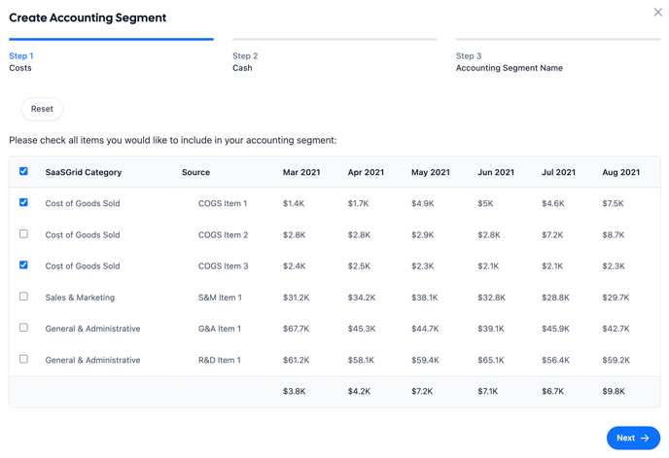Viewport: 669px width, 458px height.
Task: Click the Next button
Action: click(x=633, y=438)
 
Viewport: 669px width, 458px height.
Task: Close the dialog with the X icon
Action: click(x=658, y=13)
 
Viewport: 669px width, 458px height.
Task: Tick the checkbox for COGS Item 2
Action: click(x=23, y=234)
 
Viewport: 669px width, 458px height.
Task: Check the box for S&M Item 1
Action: click(x=23, y=297)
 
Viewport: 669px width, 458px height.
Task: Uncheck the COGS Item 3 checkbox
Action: click(x=23, y=265)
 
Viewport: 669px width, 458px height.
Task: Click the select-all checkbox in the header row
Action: click(x=23, y=171)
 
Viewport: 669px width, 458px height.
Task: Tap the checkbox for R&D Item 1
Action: click(x=23, y=359)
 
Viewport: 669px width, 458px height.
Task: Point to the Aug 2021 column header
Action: click(x=620, y=172)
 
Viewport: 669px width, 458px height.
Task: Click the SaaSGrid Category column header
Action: click(x=84, y=172)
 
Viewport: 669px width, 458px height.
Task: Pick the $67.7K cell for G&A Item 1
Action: click(x=296, y=329)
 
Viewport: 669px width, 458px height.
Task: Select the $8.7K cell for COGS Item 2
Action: click(x=613, y=234)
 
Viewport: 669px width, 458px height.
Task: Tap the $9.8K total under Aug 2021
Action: click(x=613, y=391)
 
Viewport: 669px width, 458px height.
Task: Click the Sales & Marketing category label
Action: click(x=80, y=298)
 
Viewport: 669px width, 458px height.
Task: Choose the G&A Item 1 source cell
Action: click(x=219, y=329)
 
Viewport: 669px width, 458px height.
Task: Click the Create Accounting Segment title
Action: click(x=88, y=18)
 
